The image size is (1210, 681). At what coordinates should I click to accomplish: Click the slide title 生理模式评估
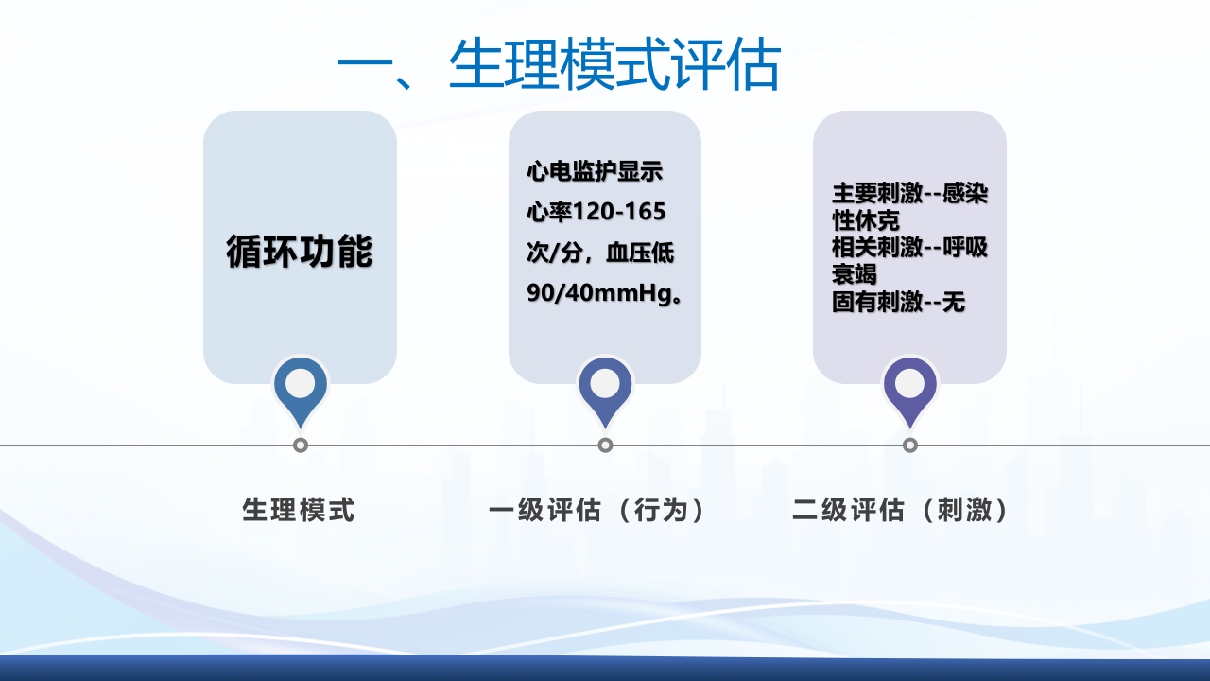[x=614, y=65]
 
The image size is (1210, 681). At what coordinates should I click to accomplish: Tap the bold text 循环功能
[x=300, y=252]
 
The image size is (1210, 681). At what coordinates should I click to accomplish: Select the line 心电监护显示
[x=595, y=172]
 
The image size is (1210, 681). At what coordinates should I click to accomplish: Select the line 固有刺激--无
[x=898, y=303]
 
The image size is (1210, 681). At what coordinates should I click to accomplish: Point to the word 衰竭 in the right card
[x=854, y=274]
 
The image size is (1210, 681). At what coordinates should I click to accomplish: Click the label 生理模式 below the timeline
[x=299, y=511]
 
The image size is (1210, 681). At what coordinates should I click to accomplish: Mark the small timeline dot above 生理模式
[x=301, y=445]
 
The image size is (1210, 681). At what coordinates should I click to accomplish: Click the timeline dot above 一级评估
[x=605, y=445]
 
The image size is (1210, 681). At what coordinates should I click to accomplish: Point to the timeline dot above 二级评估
[x=909, y=445]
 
